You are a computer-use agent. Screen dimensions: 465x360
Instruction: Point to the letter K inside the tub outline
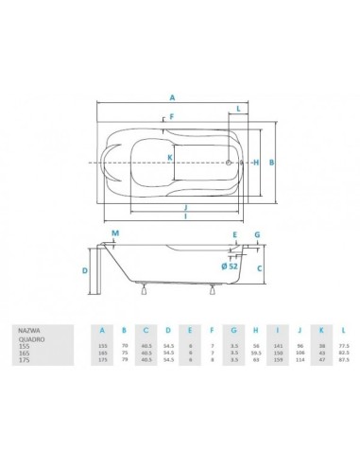(x=170, y=156)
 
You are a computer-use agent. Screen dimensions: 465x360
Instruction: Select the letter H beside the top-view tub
(x=257, y=162)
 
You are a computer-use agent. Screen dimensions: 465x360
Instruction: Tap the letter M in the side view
(x=115, y=232)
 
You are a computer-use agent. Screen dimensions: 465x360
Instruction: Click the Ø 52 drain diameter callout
(x=230, y=266)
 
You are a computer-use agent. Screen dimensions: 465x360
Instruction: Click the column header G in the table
(x=231, y=331)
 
